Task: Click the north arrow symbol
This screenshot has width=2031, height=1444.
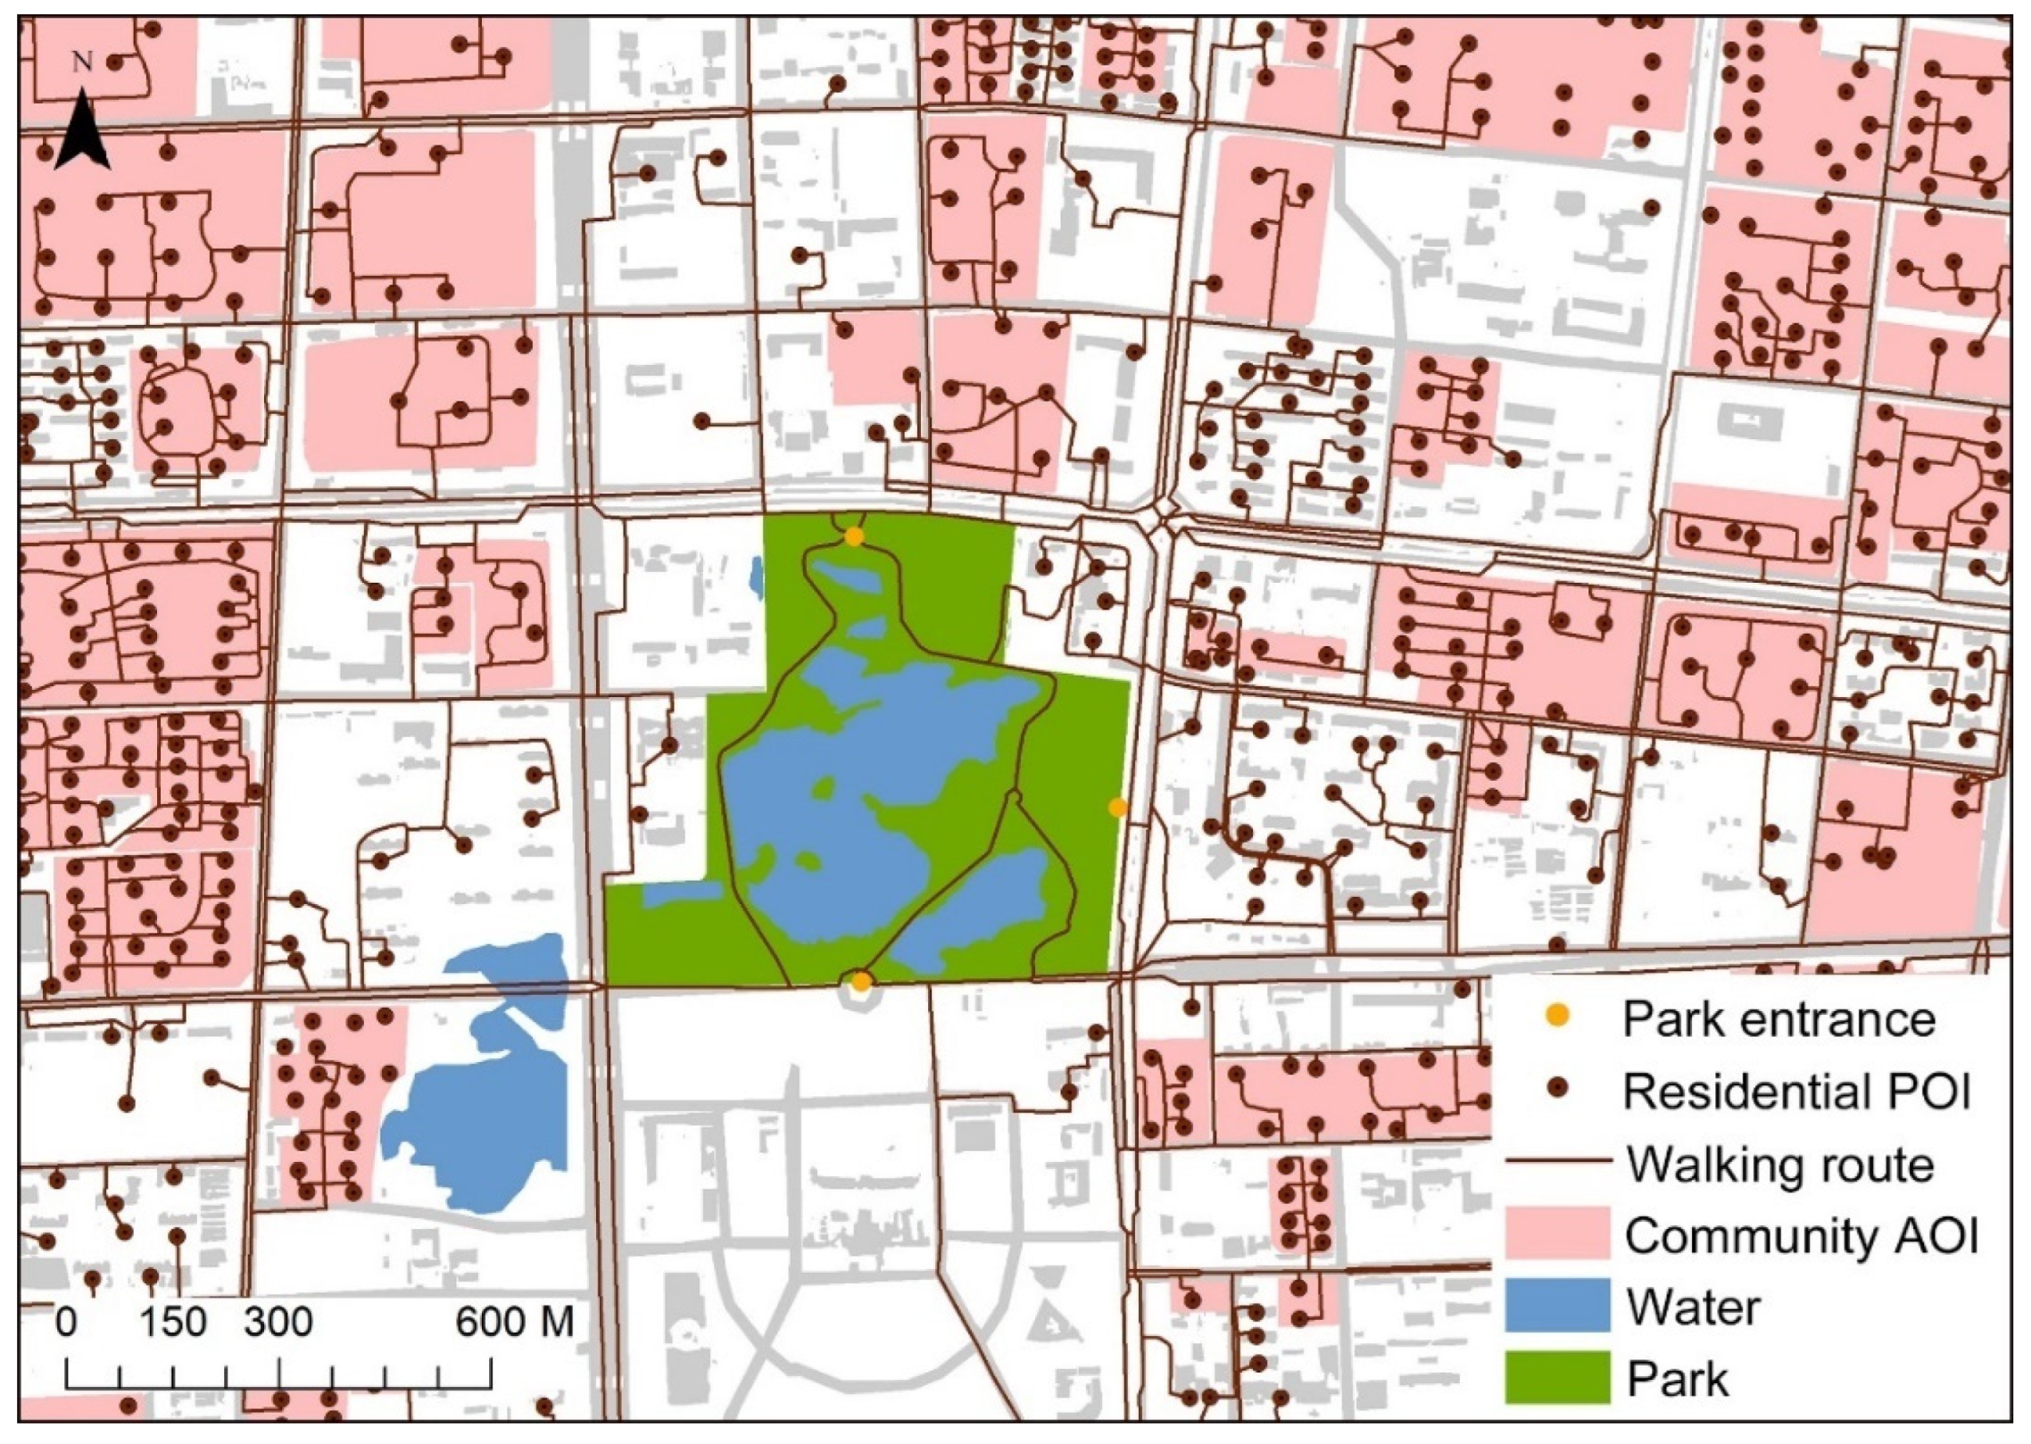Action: [82, 132]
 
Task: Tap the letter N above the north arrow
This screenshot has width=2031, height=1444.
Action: [82, 62]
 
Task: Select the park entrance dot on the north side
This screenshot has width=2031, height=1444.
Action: [854, 536]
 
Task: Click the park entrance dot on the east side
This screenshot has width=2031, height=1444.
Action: [1117, 808]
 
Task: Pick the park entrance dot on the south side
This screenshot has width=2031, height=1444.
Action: [861, 982]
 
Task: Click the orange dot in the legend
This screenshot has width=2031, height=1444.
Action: [1557, 1017]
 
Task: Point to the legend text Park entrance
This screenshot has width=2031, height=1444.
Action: [1778, 1018]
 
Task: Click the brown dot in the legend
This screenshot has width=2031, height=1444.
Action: [1557, 1090]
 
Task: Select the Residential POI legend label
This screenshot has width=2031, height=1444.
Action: [1796, 1091]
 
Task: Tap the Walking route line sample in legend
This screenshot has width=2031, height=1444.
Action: [1557, 1162]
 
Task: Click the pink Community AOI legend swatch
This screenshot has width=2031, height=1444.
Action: [1557, 1232]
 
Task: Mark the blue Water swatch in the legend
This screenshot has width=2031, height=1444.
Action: [1557, 1305]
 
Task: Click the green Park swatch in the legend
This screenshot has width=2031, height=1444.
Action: [1557, 1376]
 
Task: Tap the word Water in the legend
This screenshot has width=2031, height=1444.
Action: [1693, 1307]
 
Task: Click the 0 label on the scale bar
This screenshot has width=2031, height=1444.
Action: [66, 1322]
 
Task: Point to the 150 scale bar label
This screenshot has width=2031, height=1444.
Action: [173, 1322]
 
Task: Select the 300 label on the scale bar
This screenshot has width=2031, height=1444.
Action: [278, 1322]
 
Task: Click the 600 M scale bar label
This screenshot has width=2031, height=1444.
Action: [514, 1322]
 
